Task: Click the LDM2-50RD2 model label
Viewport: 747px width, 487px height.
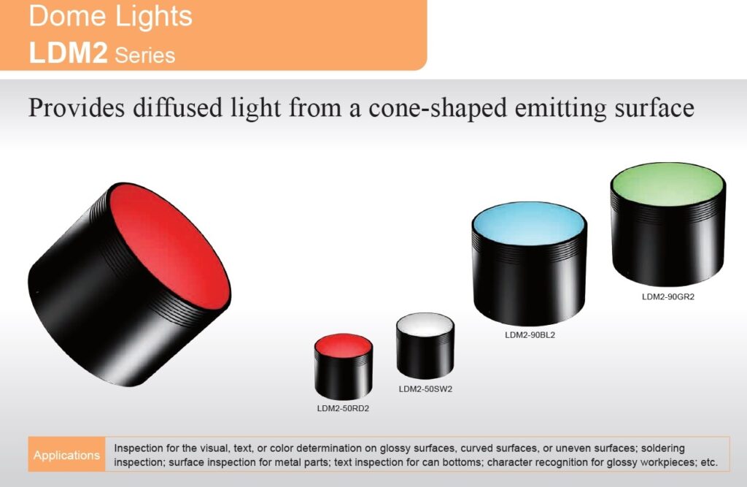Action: (343, 408)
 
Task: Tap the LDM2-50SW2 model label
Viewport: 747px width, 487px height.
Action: (425, 388)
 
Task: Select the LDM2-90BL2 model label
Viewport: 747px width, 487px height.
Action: (530, 335)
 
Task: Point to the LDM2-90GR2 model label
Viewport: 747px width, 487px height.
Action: (668, 296)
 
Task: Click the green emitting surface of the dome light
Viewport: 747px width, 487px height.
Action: (668, 186)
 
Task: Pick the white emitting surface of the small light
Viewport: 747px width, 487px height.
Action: (425, 326)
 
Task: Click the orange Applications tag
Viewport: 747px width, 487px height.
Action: (66, 455)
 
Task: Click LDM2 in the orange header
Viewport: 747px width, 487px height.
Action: (68, 53)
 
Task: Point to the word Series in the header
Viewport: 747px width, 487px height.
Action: (145, 55)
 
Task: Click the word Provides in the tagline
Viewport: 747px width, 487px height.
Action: (76, 107)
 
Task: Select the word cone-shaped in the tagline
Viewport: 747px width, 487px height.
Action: (438, 109)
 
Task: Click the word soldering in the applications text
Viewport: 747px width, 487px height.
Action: (662, 448)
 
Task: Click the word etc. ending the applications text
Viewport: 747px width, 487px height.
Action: (709, 462)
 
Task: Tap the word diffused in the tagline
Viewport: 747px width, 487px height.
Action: (177, 107)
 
